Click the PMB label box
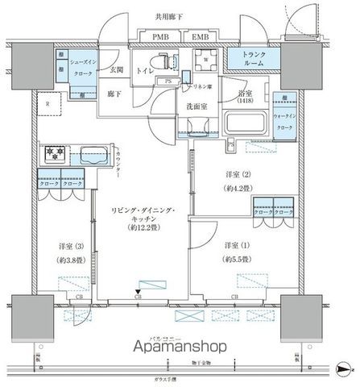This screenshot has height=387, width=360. click(x=160, y=35)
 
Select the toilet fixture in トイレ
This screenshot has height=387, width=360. click(x=166, y=60)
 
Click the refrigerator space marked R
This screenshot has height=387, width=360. click(x=49, y=103)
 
